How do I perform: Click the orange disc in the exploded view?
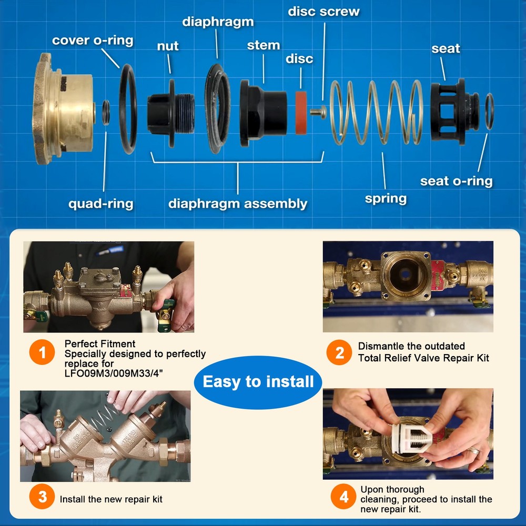(300, 113)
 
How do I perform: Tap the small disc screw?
(318, 112)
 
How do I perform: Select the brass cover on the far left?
(63, 108)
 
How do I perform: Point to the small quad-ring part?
(106, 113)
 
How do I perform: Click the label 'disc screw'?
(323, 12)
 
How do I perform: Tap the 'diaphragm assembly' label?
(238, 204)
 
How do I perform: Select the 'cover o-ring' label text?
(93, 41)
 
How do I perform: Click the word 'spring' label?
(386, 199)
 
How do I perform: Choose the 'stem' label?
(264, 45)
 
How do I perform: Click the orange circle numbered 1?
(42, 352)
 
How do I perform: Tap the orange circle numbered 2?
(339, 352)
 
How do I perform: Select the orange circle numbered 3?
(42, 497)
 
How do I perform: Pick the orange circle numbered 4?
(343, 497)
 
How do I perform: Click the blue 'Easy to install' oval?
(258, 382)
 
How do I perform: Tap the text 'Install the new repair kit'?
(111, 500)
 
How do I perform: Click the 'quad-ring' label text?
(100, 204)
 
